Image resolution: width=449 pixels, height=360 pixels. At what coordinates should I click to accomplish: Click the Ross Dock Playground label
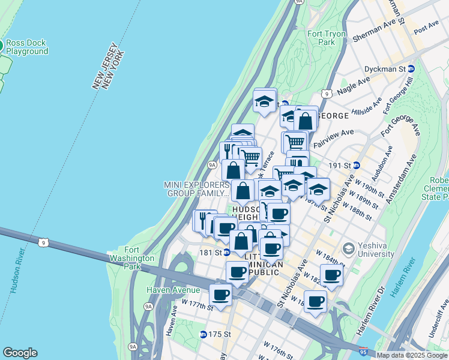(28, 47)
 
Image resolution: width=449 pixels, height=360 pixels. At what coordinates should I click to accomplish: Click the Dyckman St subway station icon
(411, 70)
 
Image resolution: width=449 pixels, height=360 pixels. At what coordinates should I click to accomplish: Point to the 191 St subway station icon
(357, 165)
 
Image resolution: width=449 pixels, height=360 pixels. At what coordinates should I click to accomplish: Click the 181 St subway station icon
(227, 253)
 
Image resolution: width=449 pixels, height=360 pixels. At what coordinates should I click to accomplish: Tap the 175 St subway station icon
(203, 334)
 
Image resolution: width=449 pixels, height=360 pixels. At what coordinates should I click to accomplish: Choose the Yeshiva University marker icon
(348, 248)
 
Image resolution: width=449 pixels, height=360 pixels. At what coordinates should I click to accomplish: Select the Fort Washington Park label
(139, 258)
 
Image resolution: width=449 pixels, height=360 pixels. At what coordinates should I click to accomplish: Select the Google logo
(20, 353)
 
